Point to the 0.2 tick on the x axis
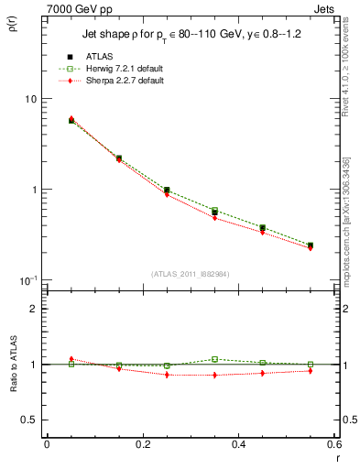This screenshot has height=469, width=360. point(142,444)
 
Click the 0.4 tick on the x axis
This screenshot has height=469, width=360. point(238,444)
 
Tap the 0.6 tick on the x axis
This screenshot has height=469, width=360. point(333,444)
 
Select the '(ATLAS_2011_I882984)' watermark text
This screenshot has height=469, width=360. point(191,273)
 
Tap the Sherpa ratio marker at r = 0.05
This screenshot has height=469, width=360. point(71,359)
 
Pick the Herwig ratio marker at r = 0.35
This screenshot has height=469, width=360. point(214,359)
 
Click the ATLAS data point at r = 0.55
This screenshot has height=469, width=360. point(311,245)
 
